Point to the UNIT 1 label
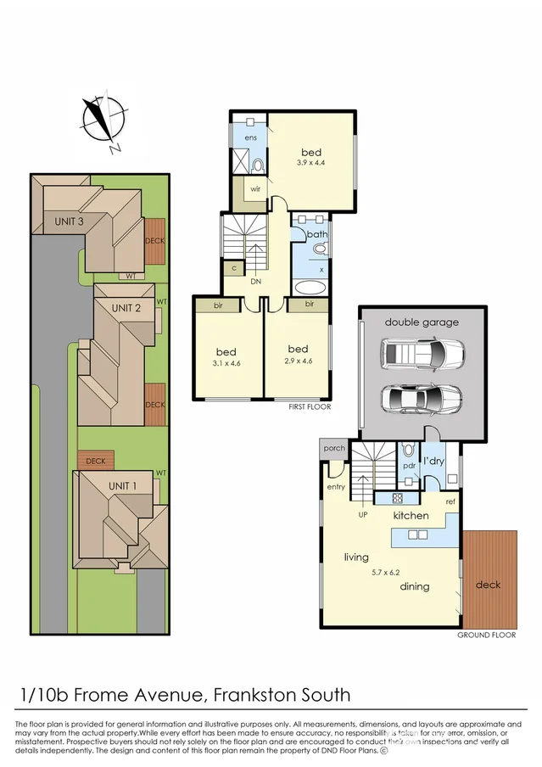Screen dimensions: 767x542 [x=123, y=485]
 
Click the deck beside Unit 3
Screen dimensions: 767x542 [x=154, y=240]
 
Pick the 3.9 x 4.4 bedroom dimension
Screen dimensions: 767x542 [x=312, y=162]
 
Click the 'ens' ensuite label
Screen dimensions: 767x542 [x=250, y=137]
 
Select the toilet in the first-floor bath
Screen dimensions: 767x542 [x=320, y=249]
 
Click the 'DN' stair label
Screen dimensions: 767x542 [x=255, y=283]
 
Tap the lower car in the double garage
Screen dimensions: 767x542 [x=422, y=397]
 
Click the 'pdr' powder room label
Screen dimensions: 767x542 [x=408, y=466]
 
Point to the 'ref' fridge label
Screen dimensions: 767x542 [x=450, y=502]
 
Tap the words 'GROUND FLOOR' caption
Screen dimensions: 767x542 [x=488, y=635]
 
